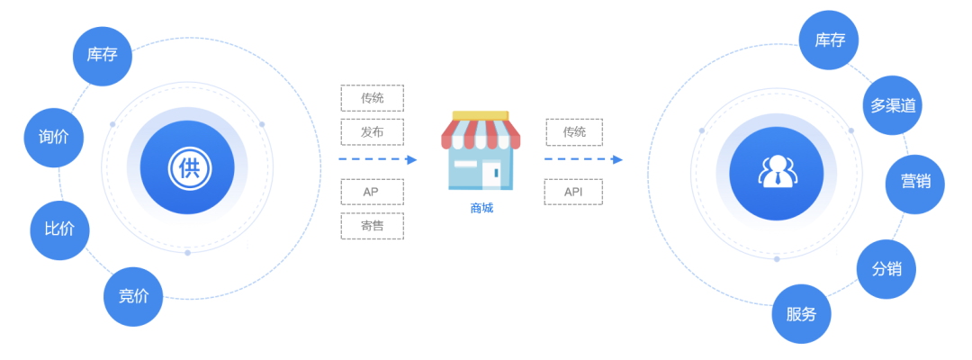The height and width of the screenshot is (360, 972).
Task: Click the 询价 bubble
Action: coord(53,138)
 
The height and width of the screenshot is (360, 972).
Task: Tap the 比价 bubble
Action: coord(59,229)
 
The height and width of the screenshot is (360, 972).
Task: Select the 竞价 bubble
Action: coord(133,295)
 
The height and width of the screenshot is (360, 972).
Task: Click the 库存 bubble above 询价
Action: coord(103,56)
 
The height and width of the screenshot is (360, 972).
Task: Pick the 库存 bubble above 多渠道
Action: coord(829,40)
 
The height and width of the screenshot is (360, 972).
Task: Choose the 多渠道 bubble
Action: coord(892,105)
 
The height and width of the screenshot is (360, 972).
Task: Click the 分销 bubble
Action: coord(886,269)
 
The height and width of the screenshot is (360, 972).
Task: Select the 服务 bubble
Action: coord(801,314)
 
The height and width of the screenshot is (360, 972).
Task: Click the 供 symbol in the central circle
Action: coord(187,167)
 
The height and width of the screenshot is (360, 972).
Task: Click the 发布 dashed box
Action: coord(372,131)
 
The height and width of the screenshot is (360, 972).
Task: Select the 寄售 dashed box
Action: coord(372,226)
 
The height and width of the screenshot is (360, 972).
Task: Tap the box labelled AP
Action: coord(372,192)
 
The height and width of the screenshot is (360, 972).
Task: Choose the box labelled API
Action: coord(573,192)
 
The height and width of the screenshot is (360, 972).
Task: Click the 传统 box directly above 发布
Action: coord(372,98)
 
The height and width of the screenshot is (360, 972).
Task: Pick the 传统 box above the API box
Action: coord(573,132)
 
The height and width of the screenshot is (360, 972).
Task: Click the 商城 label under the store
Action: coord(481,209)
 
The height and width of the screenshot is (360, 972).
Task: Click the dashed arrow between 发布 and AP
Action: coord(377,159)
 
